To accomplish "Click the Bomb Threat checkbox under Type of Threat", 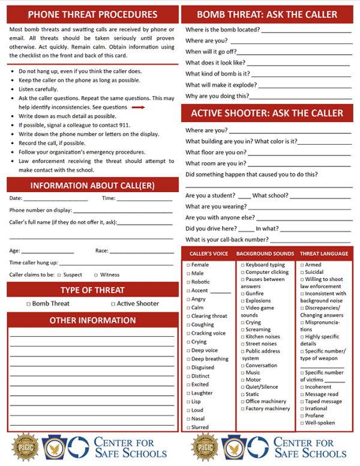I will pyautogui.click(x=28, y=304).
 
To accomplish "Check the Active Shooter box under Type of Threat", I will pyautogui.click(x=113, y=304).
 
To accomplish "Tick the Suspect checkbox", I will pyautogui.click(x=59, y=275).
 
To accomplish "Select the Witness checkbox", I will pyautogui.click(x=95, y=275).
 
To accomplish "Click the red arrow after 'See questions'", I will pyautogui.click(x=139, y=107).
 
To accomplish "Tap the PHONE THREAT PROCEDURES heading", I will pyautogui.click(x=93, y=14).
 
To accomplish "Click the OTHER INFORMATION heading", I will pyautogui.click(x=93, y=320).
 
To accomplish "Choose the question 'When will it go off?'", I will pyautogui.click(x=211, y=52).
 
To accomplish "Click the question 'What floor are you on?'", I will pyautogui.click(x=215, y=152).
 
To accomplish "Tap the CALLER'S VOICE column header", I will pyautogui.click(x=209, y=254).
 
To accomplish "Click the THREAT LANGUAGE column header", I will pyautogui.click(x=324, y=254).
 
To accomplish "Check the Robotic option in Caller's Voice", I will pyautogui.click(x=188, y=282).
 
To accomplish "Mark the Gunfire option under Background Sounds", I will pyautogui.click(x=242, y=294).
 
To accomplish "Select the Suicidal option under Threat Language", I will pyautogui.click(x=302, y=272).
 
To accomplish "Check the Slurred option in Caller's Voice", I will pyautogui.click(x=188, y=427).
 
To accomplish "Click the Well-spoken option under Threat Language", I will pyautogui.click(x=302, y=423).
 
